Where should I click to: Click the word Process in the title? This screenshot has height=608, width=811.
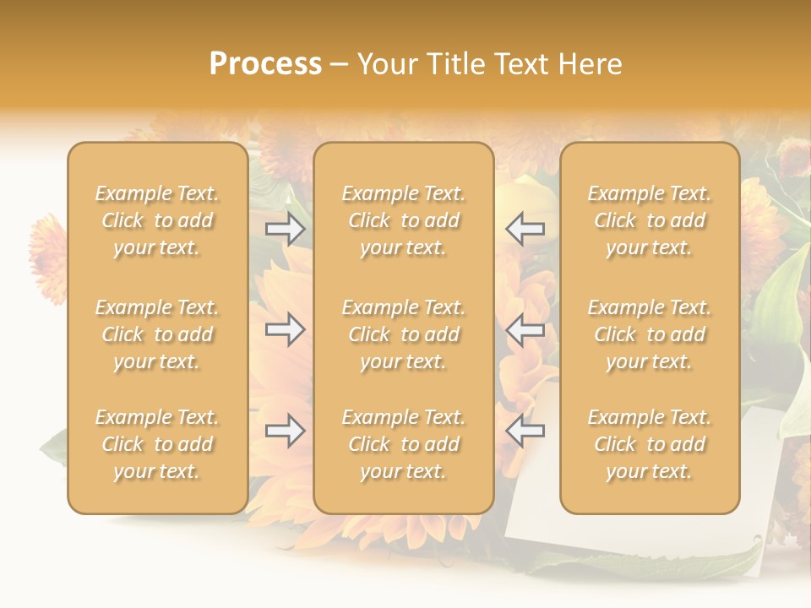265,64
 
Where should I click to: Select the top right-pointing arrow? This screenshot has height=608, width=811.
285,229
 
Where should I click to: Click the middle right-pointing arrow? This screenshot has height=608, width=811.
285,329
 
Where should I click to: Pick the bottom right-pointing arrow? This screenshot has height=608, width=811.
285,431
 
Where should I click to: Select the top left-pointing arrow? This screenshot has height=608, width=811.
525,229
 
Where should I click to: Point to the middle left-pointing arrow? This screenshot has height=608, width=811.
525,329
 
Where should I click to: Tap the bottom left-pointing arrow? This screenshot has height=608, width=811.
525,431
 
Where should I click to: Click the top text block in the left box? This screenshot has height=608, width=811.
157,220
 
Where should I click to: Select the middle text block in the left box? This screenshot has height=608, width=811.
157,334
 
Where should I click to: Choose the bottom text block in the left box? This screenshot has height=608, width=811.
157,444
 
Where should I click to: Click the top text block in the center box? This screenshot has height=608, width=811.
404,220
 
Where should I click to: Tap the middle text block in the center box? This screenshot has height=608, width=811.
404,334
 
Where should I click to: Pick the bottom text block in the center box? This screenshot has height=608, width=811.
404,444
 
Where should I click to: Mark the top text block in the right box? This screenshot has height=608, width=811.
650,220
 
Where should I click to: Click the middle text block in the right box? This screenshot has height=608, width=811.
650,334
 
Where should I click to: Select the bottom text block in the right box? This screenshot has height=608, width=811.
650,444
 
